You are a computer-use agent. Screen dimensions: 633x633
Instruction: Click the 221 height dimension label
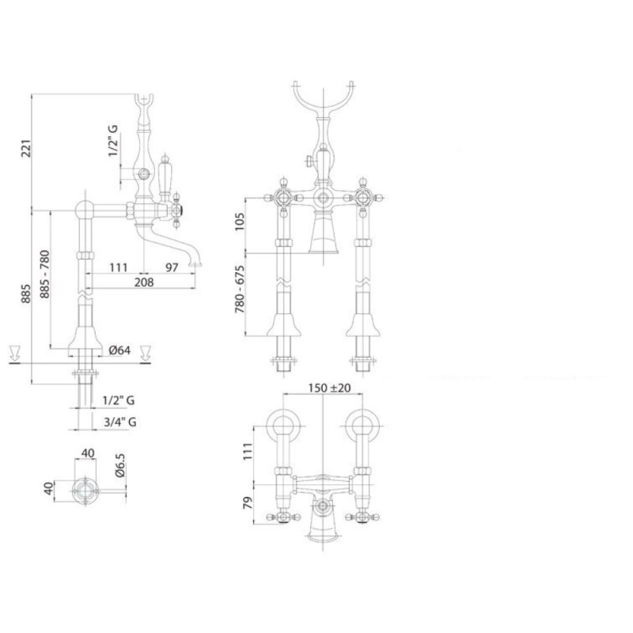26,149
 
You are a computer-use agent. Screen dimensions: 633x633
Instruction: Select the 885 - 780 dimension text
44,274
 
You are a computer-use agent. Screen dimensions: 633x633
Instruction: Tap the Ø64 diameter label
119,350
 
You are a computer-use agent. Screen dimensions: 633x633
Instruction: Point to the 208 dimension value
144,282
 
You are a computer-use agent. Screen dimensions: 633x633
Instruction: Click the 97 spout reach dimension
172,267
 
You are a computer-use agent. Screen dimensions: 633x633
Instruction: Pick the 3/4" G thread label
120,423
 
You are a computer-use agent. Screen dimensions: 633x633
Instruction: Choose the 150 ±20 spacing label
329,388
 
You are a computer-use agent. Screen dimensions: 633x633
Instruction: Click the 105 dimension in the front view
240,222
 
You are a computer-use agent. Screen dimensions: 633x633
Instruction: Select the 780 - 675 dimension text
240,289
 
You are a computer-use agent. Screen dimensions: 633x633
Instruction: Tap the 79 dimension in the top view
247,502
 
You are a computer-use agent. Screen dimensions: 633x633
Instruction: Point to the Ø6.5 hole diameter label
120,465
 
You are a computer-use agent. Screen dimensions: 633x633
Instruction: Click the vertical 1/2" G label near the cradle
112,141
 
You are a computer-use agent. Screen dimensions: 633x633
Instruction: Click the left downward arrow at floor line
14,353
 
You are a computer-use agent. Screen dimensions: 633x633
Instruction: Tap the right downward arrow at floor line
146,353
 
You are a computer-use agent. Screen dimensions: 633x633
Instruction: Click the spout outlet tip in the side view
195,264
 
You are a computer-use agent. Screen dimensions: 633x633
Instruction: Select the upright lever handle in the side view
165,176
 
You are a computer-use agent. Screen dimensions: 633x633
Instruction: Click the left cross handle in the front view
283,198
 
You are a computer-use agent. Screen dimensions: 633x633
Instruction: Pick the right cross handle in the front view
362,198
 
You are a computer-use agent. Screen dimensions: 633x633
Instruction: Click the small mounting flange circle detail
85,491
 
